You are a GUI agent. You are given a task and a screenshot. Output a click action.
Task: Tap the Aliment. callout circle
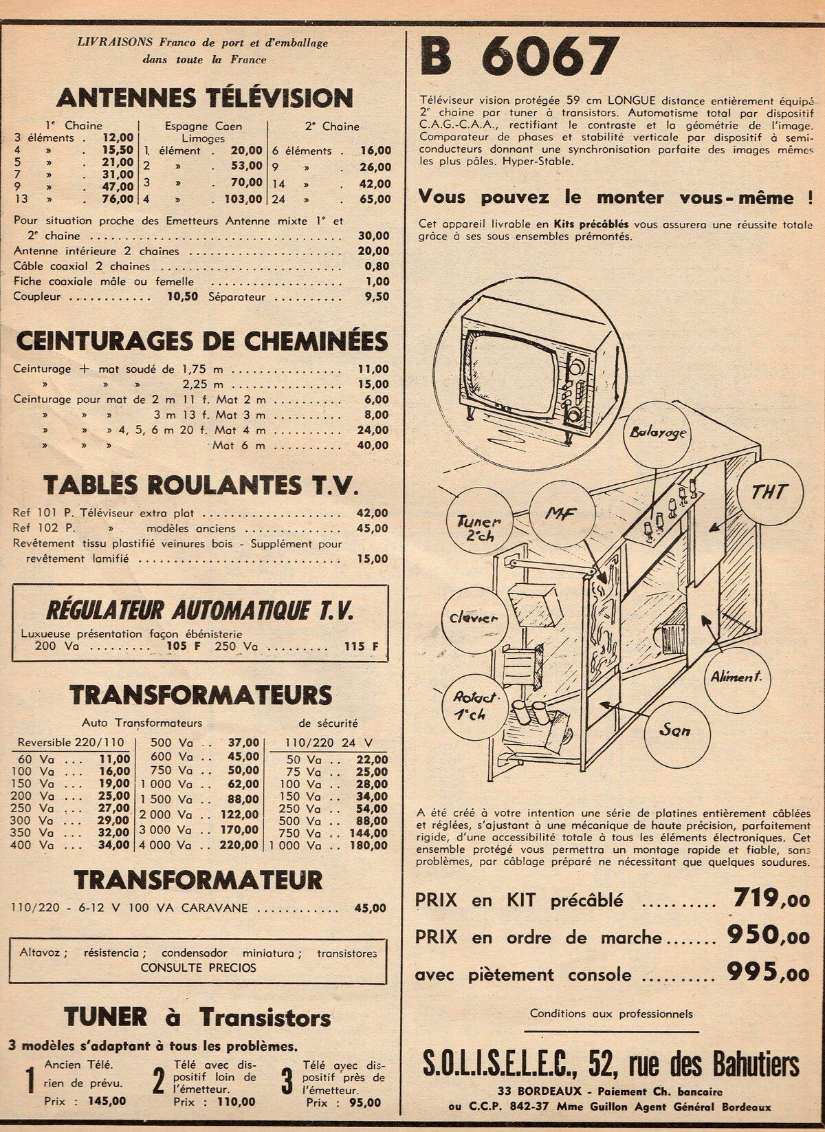click(x=736, y=677)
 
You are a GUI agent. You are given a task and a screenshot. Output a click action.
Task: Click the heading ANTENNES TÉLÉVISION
click(x=204, y=97)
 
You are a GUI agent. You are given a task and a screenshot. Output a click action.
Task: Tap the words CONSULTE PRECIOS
click(x=198, y=967)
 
